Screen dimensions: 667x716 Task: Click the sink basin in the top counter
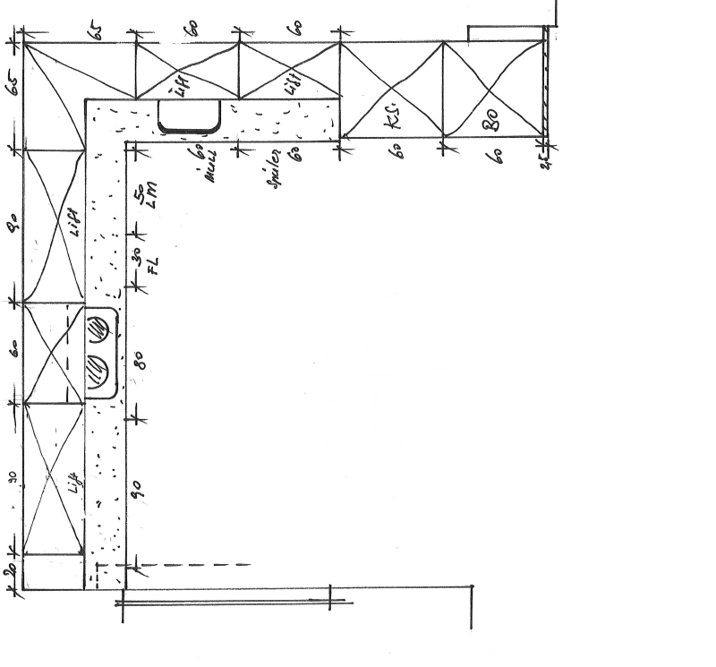pos(189,115)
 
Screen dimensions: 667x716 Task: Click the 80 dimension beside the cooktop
pos(141,362)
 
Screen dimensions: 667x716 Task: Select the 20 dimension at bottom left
pos(12,573)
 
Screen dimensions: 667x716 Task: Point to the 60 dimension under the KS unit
pos(394,150)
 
